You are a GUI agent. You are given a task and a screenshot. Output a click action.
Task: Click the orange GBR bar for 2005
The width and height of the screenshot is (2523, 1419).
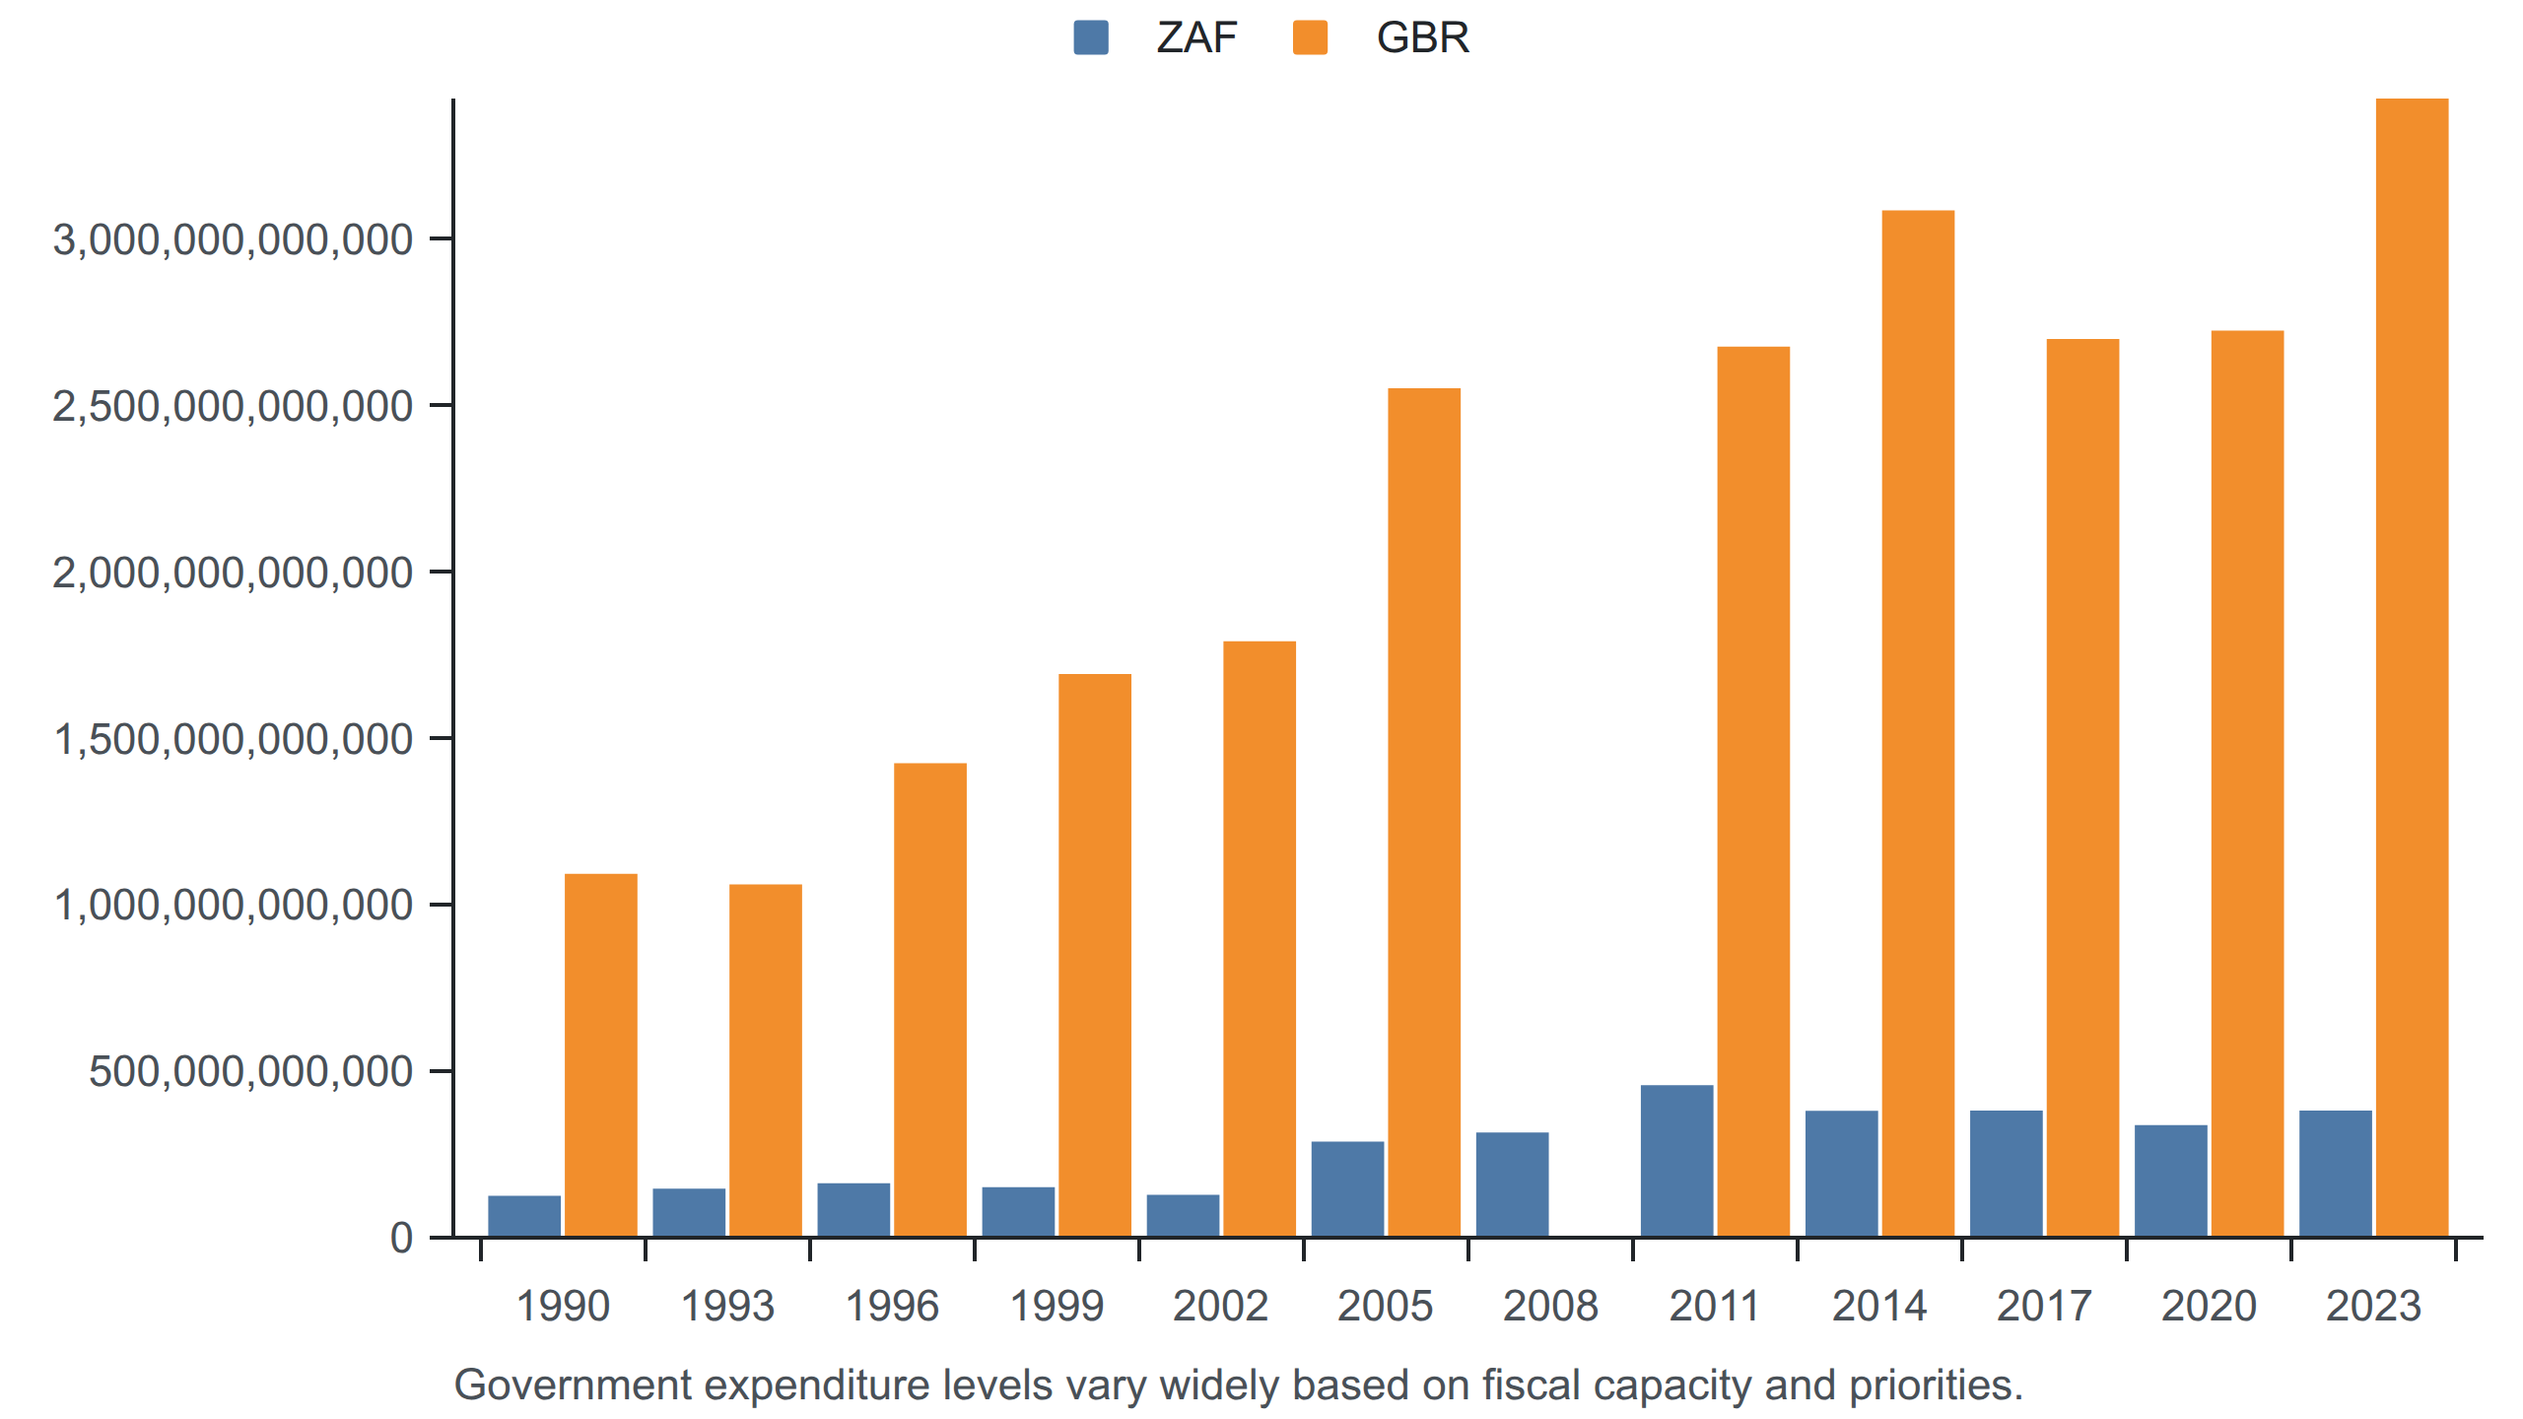(x=1424, y=812)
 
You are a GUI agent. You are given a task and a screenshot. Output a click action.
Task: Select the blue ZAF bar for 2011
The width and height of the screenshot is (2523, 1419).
(x=1677, y=1161)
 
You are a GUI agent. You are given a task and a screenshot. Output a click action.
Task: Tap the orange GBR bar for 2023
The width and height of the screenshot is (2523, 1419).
(x=2413, y=667)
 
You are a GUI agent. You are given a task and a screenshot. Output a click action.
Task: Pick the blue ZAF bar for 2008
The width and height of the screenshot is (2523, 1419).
(x=1513, y=1184)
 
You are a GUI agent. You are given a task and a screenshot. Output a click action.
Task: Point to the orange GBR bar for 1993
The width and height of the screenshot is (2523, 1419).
(x=766, y=1060)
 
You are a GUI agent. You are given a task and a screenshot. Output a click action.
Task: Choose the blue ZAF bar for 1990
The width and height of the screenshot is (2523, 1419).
(x=524, y=1216)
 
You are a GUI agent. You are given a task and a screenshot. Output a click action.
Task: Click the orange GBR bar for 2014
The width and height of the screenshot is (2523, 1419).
(x=1919, y=723)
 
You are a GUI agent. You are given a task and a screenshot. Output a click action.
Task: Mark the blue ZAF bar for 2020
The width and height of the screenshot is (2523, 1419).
(x=2171, y=1181)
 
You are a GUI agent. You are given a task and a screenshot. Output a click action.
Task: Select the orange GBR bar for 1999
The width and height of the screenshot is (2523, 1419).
(x=1095, y=955)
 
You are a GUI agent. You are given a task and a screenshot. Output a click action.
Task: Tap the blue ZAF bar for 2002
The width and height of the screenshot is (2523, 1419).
(x=1183, y=1215)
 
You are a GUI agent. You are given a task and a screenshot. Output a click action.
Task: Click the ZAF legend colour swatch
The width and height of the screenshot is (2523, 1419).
(x=1091, y=37)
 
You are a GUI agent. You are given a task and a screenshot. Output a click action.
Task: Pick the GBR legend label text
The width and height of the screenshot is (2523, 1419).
(x=1423, y=37)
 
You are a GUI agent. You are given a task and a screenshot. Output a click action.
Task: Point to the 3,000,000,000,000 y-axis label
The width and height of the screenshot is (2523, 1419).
(x=233, y=239)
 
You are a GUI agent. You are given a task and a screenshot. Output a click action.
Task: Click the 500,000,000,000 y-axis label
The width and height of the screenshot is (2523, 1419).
(x=250, y=1071)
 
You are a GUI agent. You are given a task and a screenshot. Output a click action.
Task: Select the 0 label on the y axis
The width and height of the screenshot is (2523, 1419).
(x=401, y=1238)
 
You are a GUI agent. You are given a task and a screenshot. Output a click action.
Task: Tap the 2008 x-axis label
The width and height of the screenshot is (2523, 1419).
(x=1550, y=1307)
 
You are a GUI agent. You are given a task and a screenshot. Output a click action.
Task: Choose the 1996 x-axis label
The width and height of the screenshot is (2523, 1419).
(x=892, y=1307)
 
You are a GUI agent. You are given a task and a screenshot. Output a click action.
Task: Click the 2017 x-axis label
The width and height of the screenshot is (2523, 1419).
(x=2044, y=1307)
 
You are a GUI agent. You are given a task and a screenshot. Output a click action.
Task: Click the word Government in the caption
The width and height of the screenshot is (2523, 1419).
(x=573, y=1385)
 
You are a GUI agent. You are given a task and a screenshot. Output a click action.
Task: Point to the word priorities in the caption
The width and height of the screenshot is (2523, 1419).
(x=1936, y=1385)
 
